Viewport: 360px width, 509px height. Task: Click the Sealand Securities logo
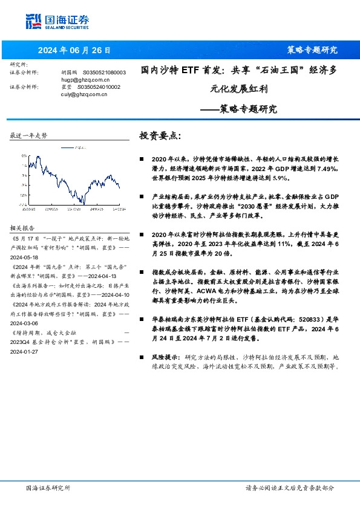tap(57, 22)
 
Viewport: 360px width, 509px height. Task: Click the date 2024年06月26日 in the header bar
tap(74, 50)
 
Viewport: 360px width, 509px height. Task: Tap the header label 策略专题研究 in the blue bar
tap(312, 50)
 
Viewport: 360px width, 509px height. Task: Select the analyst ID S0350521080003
tap(104, 72)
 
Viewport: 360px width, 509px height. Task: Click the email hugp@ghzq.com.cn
tap(85, 79)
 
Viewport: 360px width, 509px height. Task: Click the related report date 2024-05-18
tap(26, 256)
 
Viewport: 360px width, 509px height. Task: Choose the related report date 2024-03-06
tap(26, 341)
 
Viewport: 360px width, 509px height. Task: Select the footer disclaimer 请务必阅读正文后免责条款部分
tap(289, 488)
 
